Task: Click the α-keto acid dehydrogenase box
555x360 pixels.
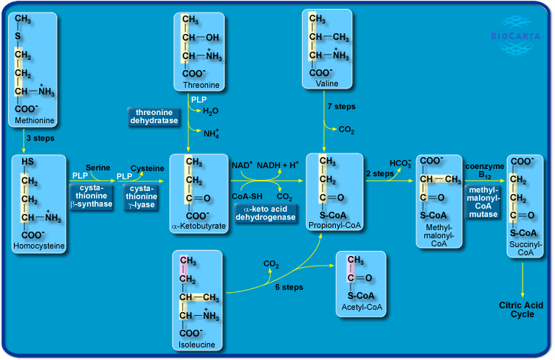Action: click(265, 213)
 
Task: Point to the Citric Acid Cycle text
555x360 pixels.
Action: click(522, 309)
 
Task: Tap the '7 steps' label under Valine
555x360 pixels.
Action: click(341, 106)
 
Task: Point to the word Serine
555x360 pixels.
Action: click(98, 168)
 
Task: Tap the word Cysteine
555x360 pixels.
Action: click(148, 168)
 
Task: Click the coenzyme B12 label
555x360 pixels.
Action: click(484, 170)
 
